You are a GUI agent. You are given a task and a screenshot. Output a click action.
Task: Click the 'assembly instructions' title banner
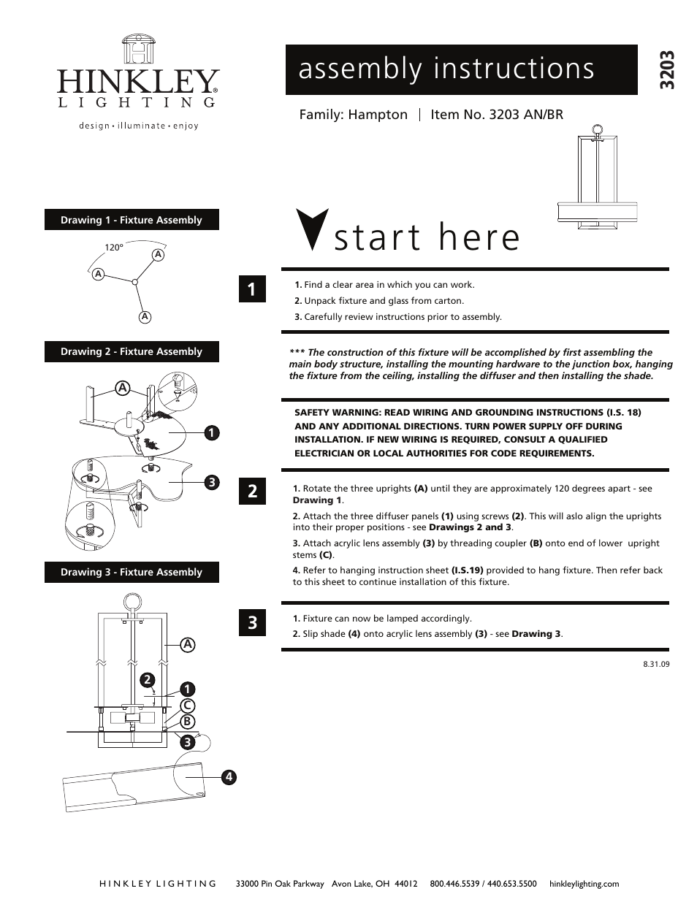point(461,69)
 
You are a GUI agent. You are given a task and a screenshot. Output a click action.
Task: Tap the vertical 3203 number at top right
point(665,70)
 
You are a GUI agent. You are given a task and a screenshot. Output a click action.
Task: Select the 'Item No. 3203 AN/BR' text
point(497,115)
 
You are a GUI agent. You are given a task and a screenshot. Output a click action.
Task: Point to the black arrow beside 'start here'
point(311,230)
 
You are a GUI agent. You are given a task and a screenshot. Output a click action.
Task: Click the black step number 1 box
point(251,290)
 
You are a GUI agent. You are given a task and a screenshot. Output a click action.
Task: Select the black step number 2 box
point(251,491)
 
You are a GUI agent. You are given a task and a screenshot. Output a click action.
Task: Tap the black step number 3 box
point(251,622)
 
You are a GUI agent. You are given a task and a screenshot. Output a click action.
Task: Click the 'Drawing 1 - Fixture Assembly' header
point(132,220)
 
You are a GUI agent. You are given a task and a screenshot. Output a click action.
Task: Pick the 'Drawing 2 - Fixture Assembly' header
point(132,351)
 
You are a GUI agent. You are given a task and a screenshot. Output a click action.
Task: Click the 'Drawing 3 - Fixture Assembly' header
point(132,572)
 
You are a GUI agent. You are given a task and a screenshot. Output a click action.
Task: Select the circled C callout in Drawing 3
point(187,705)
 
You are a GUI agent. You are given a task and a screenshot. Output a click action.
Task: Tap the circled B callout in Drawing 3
point(187,722)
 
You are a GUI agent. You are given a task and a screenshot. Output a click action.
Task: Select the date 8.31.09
point(656,665)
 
